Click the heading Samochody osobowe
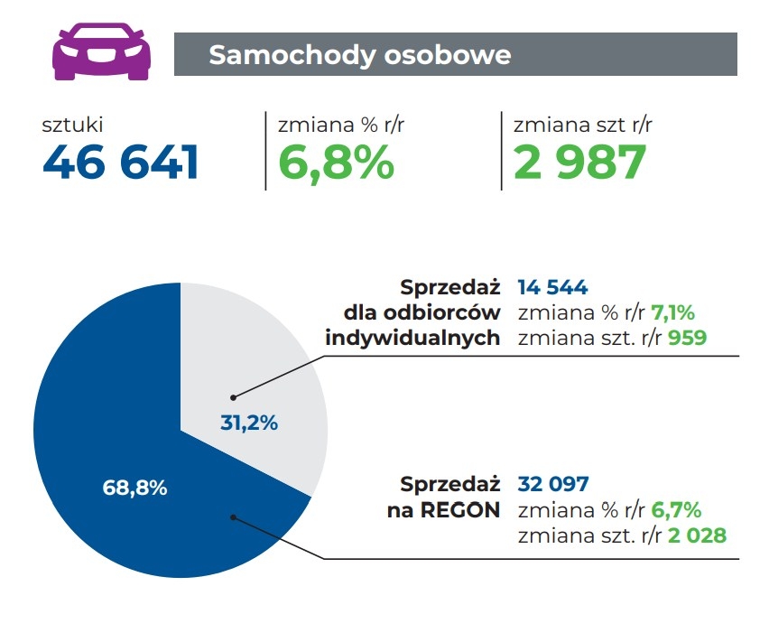pyautogui.click(x=359, y=55)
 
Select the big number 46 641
pyautogui.click(x=121, y=163)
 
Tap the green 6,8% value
pyautogui.click(x=336, y=163)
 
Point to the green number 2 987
pyautogui.click(x=579, y=163)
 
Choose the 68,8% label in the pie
pyautogui.click(x=135, y=488)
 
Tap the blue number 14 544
pyautogui.click(x=552, y=288)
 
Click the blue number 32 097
pyautogui.click(x=552, y=485)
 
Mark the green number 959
pyautogui.click(x=687, y=339)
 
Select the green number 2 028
pyautogui.click(x=697, y=535)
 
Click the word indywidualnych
pyautogui.click(x=412, y=339)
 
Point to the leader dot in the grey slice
pyautogui.click(x=233, y=396)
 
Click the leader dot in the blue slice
pyautogui.click(x=233, y=517)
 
